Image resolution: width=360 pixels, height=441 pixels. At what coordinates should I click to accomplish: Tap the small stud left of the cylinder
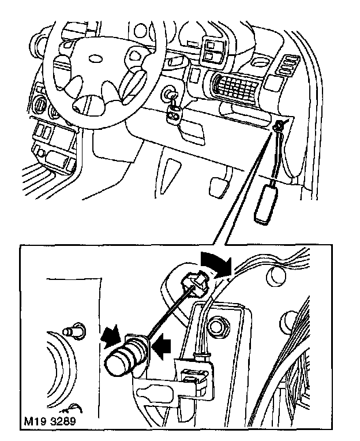point(72,331)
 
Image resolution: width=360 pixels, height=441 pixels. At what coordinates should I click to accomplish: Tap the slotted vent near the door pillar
point(287,65)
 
